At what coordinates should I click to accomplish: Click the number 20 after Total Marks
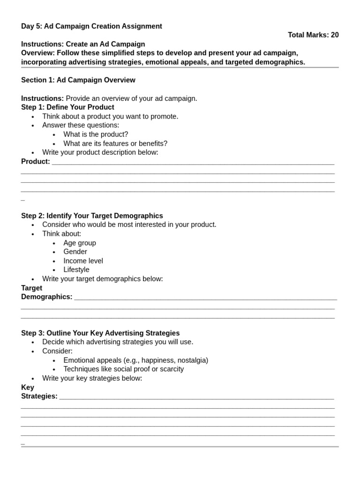click(334, 35)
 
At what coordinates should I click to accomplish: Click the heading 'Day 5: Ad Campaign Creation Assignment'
click(91, 26)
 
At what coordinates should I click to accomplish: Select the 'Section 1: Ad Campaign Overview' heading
click(78, 80)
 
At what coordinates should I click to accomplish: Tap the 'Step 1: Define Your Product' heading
click(67, 107)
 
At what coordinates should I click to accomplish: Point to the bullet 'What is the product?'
click(96, 135)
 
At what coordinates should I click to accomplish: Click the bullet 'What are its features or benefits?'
click(115, 143)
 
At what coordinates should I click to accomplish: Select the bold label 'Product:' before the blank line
click(36, 162)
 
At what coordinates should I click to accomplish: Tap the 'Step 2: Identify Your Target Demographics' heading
click(92, 216)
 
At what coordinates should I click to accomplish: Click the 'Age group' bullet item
click(80, 243)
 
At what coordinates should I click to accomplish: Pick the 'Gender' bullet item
click(75, 252)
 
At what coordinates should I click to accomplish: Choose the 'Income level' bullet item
click(83, 261)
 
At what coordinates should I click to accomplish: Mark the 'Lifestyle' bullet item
click(76, 270)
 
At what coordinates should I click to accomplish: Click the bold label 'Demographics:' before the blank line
click(47, 297)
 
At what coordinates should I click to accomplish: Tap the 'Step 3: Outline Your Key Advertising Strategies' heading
click(100, 333)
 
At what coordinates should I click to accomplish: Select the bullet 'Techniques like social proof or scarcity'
click(123, 369)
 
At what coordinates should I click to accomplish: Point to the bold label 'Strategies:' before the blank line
click(39, 396)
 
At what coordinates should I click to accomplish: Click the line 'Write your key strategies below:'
click(92, 378)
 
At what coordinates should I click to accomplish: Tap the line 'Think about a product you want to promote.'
click(110, 116)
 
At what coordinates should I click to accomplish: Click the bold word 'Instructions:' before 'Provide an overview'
click(43, 98)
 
